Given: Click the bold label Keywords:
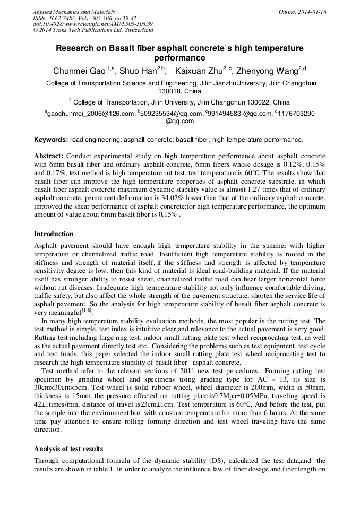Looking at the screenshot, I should tap(51, 140).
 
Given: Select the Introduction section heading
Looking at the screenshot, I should tap(54, 234).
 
